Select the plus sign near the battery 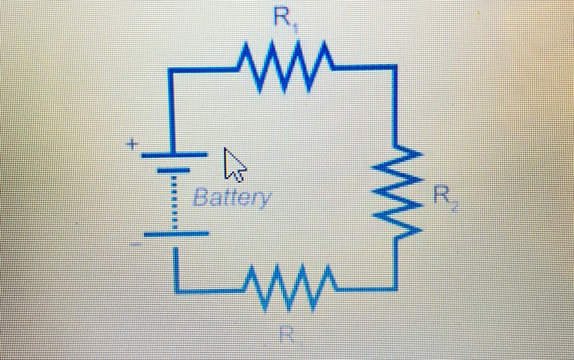(x=133, y=145)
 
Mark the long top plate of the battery (x=174, y=155)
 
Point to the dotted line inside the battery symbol (x=174, y=203)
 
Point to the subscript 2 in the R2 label (x=454, y=207)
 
